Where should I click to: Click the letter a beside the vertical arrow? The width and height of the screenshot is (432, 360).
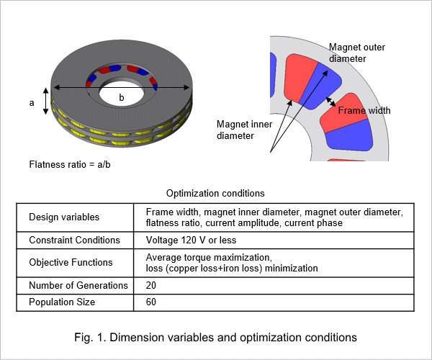coord(32,103)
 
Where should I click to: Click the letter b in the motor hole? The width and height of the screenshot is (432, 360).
coord(122,97)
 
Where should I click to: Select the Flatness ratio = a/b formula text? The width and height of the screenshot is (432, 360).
coord(70,164)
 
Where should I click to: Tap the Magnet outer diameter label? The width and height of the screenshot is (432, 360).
coord(357,53)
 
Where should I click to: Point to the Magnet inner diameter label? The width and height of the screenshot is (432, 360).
coord(244,130)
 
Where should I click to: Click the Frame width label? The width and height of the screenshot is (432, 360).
coord(364,110)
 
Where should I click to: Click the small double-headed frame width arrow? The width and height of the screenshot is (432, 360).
coord(331,102)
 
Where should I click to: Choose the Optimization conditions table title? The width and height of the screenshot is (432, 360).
coord(215,194)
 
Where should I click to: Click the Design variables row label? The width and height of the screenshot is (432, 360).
coord(64,217)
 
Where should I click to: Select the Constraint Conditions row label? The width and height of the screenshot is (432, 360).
coord(74,240)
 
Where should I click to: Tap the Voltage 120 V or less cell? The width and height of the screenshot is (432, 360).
coord(191,240)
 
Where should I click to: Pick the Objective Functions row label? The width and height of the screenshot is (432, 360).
coord(71,262)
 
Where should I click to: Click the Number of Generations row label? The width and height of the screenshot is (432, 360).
coord(78,285)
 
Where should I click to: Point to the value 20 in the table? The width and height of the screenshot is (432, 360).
coord(151,285)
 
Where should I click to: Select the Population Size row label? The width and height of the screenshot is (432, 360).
coord(62,302)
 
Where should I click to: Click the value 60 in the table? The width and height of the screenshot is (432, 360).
coord(151,302)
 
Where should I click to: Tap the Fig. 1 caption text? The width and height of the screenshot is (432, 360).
coord(215,338)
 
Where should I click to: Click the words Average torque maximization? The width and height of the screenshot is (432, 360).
coord(209,257)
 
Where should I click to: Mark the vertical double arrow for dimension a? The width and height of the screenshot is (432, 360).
coord(46,101)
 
